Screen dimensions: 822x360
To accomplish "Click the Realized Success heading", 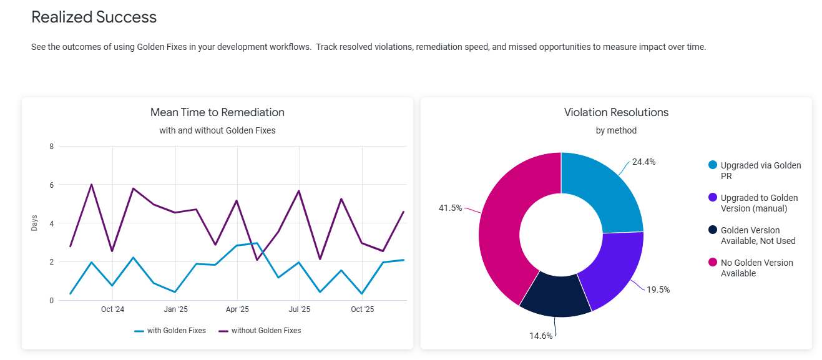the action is (x=94, y=17).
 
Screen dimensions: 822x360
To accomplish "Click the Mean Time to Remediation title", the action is (x=217, y=112).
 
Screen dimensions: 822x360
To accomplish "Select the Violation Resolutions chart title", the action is (x=616, y=112).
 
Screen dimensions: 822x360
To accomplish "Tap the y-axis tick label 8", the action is (x=51, y=147).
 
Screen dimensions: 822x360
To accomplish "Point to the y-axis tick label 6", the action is (x=51, y=185).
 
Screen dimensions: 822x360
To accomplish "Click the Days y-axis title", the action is (x=34, y=223).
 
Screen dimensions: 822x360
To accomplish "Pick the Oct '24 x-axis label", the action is (x=112, y=309).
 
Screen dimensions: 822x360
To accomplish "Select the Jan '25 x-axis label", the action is (x=175, y=309).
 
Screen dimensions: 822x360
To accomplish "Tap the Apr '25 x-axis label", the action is (x=237, y=309).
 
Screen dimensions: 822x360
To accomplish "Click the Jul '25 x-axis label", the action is (x=300, y=309).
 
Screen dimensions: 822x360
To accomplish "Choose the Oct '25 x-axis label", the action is (x=362, y=309).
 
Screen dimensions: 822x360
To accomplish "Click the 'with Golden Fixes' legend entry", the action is (x=170, y=331).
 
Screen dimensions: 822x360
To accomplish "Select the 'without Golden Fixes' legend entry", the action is (x=260, y=331).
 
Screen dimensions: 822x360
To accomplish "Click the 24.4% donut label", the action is (x=643, y=162).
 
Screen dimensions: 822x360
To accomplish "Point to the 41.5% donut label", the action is (x=450, y=208).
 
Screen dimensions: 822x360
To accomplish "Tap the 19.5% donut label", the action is (x=658, y=290).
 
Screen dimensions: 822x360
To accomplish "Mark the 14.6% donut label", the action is (x=541, y=336).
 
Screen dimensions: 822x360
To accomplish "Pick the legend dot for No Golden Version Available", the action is (x=713, y=263).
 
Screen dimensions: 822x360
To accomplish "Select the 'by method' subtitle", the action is (x=616, y=130).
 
